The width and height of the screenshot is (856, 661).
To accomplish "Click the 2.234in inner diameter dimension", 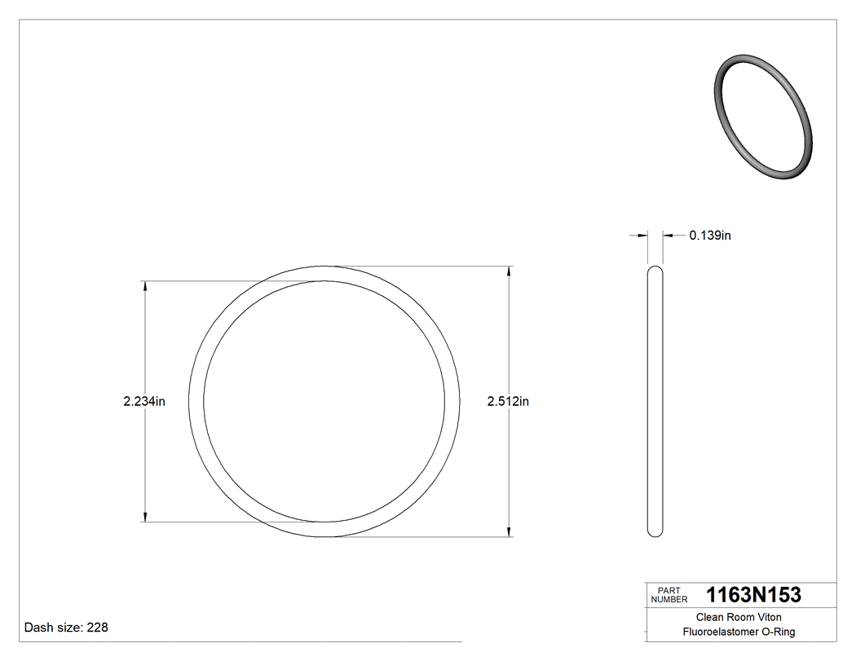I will (x=144, y=401).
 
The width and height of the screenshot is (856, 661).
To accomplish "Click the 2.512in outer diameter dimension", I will (x=508, y=401).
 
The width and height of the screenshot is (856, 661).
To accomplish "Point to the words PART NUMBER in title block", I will (x=668, y=595).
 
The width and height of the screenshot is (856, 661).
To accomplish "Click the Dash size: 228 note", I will (x=66, y=628).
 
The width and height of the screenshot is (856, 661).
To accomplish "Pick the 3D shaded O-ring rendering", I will (x=763, y=116).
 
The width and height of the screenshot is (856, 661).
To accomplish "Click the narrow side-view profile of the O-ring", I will (x=655, y=401).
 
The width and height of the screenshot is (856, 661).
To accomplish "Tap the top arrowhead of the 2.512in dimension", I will (x=510, y=271).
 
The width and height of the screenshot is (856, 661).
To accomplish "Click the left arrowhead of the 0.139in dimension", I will (x=643, y=236).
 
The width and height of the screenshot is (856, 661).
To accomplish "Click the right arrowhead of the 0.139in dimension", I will (x=667, y=236).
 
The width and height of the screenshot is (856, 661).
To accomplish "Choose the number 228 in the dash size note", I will (x=97, y=628).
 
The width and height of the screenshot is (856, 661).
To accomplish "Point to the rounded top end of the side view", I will (x=655, y=269).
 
